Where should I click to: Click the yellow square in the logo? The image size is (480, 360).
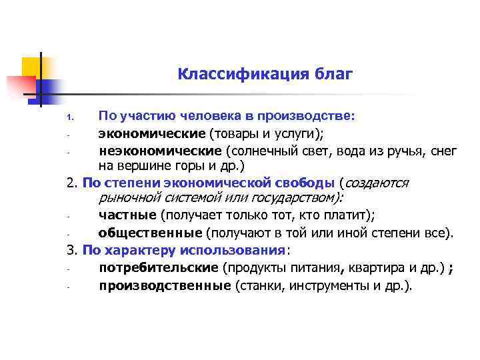(32, 67)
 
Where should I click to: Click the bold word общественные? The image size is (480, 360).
(150, 233)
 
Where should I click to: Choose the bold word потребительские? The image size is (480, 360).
(158, 267)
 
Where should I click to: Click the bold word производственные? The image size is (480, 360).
(165, 286)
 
